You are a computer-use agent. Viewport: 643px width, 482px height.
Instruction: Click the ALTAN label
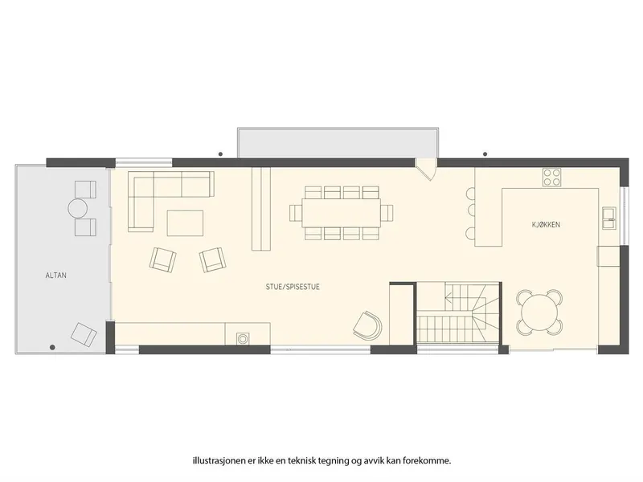55,276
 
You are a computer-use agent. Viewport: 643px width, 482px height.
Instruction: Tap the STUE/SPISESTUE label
293,287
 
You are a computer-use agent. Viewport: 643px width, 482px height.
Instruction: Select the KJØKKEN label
546,225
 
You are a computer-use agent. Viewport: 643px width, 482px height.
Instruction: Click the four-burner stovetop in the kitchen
551,177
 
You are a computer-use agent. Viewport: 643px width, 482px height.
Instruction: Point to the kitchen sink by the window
609,218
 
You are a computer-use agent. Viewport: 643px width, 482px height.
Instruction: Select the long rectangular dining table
341,213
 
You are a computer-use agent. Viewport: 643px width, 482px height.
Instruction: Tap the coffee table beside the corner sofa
185,223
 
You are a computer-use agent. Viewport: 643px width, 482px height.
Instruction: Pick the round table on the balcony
78,208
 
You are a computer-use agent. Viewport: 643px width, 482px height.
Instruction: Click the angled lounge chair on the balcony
84,334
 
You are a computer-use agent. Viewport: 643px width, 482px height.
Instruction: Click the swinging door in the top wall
427,169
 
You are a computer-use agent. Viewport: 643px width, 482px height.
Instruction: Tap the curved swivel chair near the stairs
368,325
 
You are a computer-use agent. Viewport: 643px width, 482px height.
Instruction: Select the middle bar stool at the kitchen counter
470,210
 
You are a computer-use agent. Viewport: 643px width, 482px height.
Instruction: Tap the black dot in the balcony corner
52,348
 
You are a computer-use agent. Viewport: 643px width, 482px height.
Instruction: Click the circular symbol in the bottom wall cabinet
243,338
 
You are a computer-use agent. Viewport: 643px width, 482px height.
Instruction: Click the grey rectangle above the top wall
337,142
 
